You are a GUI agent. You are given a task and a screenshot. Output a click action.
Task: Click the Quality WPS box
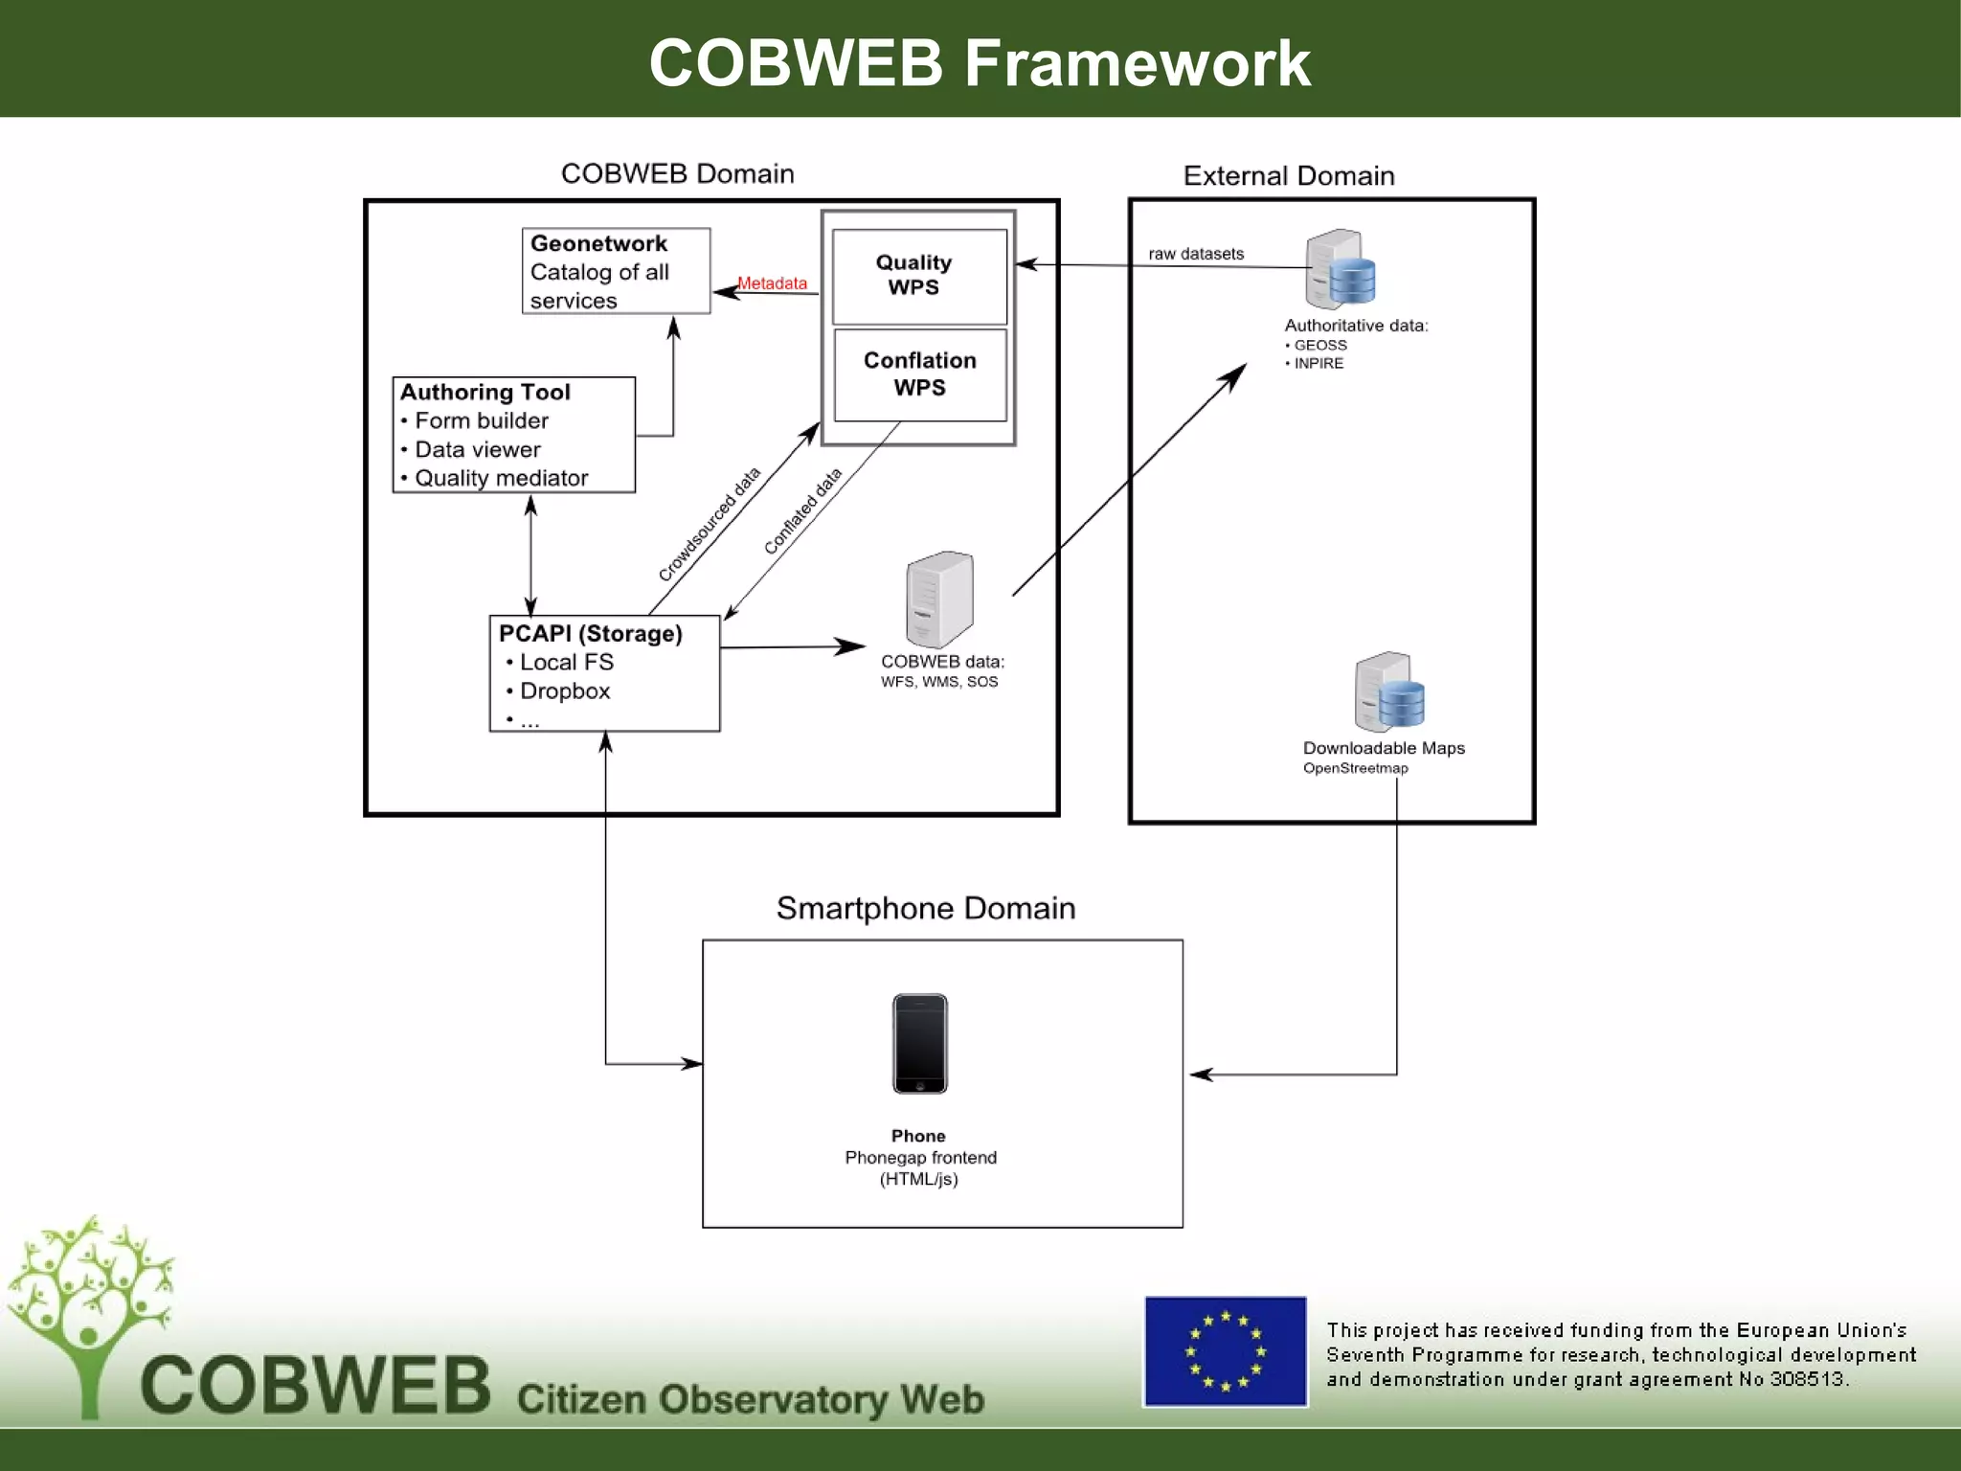click(918, 276)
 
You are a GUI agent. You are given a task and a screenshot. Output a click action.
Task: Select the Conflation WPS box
click(919, 374)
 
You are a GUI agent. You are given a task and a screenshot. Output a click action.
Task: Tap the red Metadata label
click(772, 283)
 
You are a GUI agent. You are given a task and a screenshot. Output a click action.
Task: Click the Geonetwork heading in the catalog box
click(598, 243)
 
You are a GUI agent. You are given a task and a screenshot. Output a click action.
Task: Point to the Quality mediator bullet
click(500, 478)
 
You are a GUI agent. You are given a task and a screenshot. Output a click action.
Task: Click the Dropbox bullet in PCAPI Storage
click(564, 691)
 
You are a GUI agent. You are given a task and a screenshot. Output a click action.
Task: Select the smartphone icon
click(919, 1044)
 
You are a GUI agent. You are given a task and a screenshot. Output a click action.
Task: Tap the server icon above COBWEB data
click(939, 600)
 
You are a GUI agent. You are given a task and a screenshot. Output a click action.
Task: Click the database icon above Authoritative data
click(1341, 269)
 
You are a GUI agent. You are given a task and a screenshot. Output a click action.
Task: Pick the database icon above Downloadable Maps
click(1389, 692)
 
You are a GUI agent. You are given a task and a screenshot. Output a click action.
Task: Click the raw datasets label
click(1196, 254)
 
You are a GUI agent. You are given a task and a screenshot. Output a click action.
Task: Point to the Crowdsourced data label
click(709, 524)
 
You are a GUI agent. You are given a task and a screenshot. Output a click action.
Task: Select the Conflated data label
click(802, 511)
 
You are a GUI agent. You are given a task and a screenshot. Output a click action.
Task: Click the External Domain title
click(1288, 176)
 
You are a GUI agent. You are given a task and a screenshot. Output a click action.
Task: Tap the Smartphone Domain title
click(925, 908)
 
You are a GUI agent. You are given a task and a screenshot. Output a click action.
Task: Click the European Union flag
click(1225, 1351)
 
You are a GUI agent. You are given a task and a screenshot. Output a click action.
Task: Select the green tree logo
click(91, 1312)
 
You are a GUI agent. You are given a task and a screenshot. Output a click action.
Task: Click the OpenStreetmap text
click(1355, 768)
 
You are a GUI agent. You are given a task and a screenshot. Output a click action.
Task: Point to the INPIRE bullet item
click(1318, 363)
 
